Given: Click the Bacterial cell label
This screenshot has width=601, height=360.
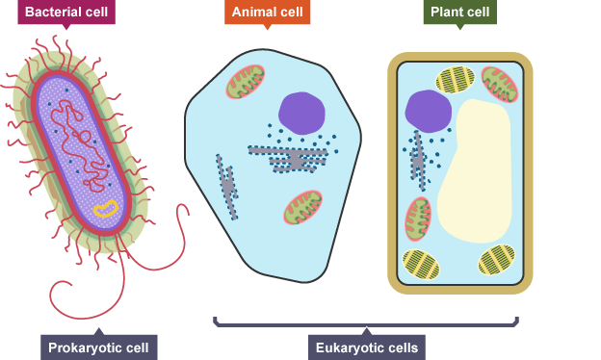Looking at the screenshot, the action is (66, 12).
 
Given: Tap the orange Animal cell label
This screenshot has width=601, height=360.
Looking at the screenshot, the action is (267, 12).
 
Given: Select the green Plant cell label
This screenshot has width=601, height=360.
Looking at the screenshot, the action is (460, 12).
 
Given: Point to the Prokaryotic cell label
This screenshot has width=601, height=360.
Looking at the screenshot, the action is (98, 347).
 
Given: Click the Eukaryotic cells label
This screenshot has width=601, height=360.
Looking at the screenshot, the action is (366, 347).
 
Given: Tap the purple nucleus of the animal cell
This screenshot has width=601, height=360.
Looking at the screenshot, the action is (302, 113).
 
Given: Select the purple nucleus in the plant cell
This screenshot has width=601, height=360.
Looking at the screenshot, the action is (429, 112).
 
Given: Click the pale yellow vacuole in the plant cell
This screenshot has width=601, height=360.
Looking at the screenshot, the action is (475, 171).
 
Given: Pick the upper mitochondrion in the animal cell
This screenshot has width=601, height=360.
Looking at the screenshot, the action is (246, 82).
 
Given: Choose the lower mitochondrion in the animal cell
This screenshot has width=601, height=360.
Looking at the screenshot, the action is (302, 207).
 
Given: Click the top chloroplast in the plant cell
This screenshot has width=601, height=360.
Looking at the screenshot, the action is (455, 80).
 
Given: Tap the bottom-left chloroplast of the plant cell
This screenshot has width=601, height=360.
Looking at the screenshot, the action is (421, 265).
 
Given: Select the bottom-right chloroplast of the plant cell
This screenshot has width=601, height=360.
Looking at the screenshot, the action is (496, 260).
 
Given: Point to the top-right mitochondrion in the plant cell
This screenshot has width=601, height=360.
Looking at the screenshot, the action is (500, 85).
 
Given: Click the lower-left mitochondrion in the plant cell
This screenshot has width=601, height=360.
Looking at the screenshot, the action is (418, 219).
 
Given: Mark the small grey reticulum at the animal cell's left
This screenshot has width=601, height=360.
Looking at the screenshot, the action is (227, 187).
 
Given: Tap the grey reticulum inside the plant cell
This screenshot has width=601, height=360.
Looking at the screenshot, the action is (418, 161).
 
